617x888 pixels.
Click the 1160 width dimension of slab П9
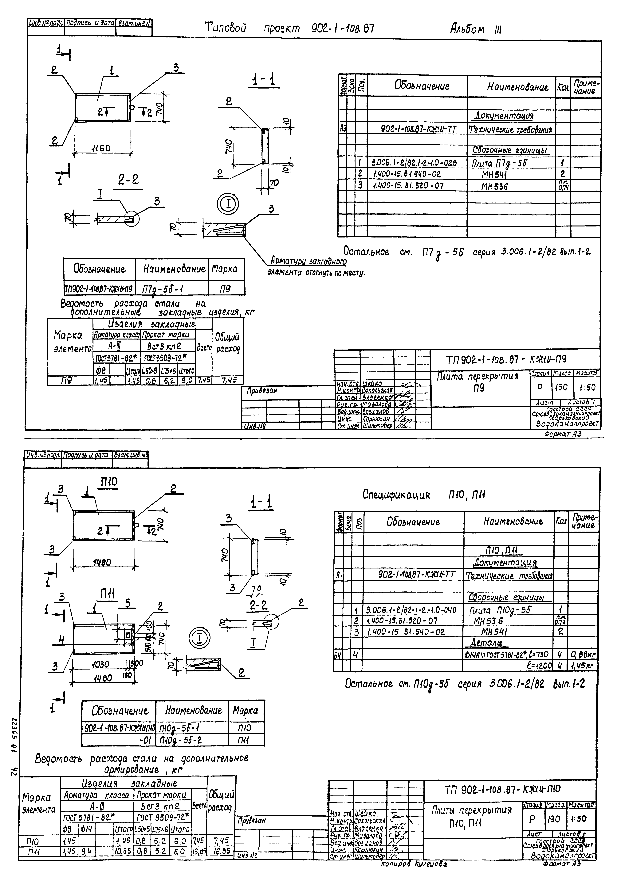(x=101, y=148)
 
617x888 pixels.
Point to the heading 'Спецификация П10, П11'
(x=424, y=495)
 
